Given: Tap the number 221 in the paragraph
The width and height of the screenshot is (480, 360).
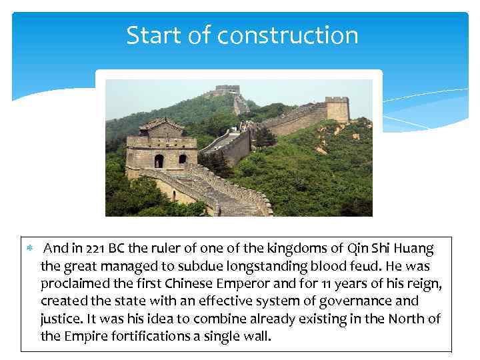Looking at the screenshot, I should pyautogui.click(x=96, y=249).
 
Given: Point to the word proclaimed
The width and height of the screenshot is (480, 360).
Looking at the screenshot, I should pyautogui.click(x=75, y=284).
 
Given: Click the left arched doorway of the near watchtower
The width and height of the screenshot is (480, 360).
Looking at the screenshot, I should pyautogui.click(x=159, y=161).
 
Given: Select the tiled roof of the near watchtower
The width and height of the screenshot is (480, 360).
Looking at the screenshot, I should pyautogui.click(x=161, y=125).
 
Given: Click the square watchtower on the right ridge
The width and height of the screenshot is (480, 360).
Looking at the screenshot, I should pyautogui.click(x=337, y=109).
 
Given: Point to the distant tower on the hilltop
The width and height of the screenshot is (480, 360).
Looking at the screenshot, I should pyautogui.click(x=227, y=90).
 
